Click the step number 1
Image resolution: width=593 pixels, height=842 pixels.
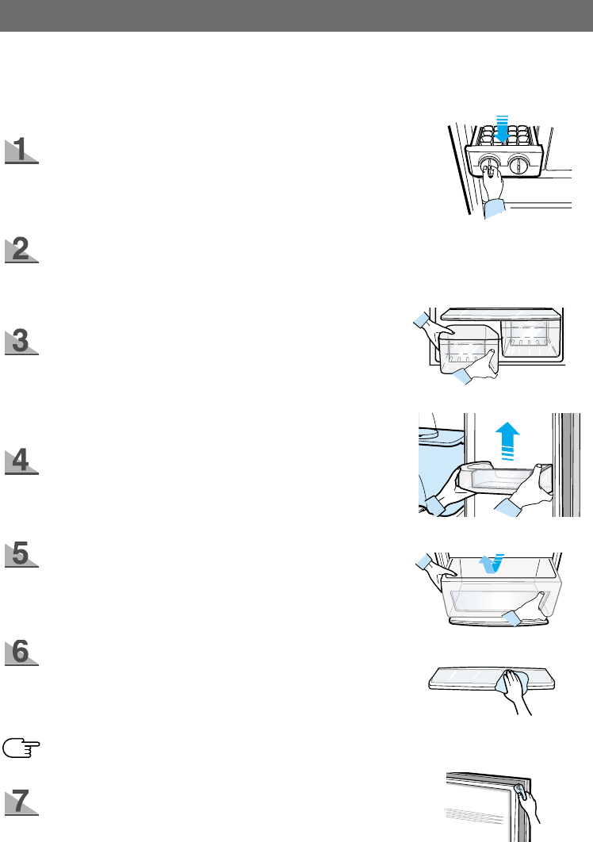tap(21, 150)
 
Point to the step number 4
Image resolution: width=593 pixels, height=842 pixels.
tap(21, 461)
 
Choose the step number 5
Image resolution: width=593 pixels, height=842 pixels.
tap(21, 553)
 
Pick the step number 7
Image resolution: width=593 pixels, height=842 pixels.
tap(21, 800)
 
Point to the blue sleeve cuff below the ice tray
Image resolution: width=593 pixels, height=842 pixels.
tap(495, 209)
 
